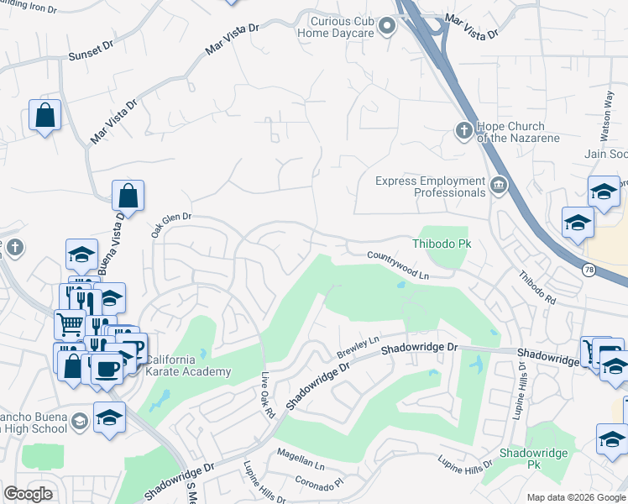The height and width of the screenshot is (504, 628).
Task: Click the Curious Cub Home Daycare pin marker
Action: [x=387, y=27]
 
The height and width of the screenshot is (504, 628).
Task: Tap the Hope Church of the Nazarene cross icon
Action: [x=461, y=130]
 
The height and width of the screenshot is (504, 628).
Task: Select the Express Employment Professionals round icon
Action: [x=499, y=185]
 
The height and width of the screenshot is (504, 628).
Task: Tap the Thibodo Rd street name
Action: [x=536, y=287]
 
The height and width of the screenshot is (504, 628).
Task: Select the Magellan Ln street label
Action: [x=301, y=463]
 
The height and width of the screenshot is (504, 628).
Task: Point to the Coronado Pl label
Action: [x=319, y=484]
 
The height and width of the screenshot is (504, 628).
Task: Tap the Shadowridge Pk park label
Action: [x=533, y=459]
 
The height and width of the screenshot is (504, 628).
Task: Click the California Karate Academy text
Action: [x=188, y=366]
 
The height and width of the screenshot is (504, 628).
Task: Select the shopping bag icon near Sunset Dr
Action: [x=44, y=116]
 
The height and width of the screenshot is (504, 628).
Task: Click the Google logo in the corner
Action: [x=29, y=494]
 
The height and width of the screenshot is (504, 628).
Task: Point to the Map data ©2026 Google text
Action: [x=575, y=497]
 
